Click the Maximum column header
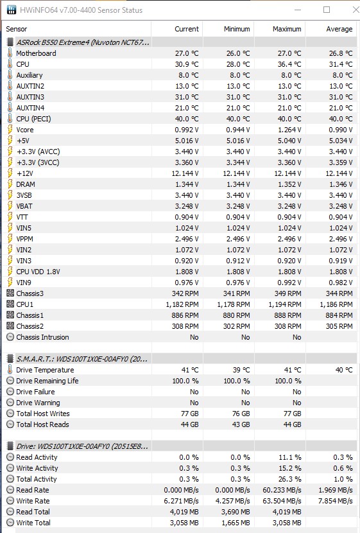pos(287,30)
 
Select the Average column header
pos(339,30)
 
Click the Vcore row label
pos(25,130)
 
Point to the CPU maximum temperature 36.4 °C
pos(287,64)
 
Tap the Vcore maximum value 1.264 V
pos(289,130)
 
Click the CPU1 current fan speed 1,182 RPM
pos(182,304)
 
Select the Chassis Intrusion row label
pos(42,337)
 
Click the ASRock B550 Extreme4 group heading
pos(83,42)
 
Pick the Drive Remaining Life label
pos(47,381)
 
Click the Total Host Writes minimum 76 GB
pos(241,414)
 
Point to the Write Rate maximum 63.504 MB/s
pos(282,501)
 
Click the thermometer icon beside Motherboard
pos(10,53)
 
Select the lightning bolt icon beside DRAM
pos(10,184)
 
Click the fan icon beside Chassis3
pos(10,293)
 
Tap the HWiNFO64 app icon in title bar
pos(11,10)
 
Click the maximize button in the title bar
pos(327,10)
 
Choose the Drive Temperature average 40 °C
pos(344,370)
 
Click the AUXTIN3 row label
pos(30,97)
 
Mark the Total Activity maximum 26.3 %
pos(289,479)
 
